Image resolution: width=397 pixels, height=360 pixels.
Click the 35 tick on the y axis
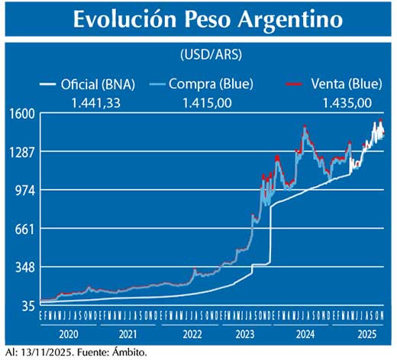[26, 305]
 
